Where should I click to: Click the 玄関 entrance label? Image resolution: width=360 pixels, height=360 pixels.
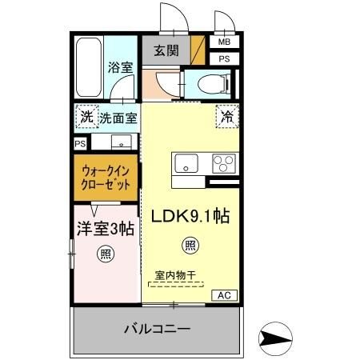(x=166, y=50)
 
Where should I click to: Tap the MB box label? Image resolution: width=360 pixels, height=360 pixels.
(x=224, y=42)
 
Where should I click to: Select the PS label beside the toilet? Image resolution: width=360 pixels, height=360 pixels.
(x=224, y=58)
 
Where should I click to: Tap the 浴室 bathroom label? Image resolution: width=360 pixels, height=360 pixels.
(x=120, y=67)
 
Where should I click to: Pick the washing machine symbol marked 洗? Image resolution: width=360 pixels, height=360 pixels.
(x=86, y=118)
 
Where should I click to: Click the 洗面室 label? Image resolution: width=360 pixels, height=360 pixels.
(x=118, y=118)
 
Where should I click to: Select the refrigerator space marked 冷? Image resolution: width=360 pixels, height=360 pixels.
(x=227, y=116)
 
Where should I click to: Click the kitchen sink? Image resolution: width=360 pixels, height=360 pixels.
(x=187, y=164)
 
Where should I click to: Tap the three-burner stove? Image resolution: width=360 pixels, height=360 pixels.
(x=223, y=164)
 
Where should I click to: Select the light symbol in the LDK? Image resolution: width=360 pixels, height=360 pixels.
(x=189, y=246)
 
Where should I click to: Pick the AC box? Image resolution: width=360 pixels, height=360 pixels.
(x=224, y=295)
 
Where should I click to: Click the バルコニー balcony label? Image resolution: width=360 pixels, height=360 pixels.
(x=157, y=329)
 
